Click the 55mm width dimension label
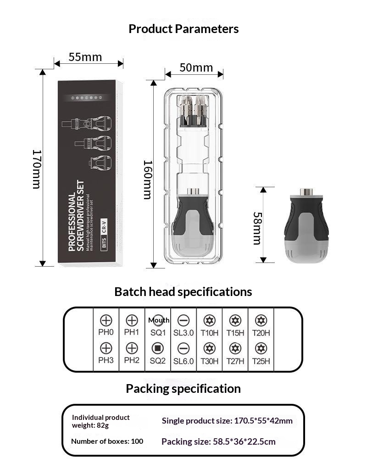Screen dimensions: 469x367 coord(85,57)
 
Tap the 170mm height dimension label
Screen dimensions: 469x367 coord(37,168)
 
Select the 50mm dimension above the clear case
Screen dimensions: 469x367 coord(196,67)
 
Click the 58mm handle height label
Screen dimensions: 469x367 coord(257,228)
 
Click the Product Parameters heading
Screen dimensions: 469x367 coord(183,29)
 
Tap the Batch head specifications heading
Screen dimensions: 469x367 coord(183,292)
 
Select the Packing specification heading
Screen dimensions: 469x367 coord(183,389)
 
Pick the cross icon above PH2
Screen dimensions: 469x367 coord(132,348)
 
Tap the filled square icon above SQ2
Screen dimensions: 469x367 coord(157,348)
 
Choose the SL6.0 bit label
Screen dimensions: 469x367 coord(183,361)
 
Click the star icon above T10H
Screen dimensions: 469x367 coord(209,320)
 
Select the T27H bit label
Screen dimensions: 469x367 coord(235,361)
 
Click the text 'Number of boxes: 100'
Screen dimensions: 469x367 coord(107,441)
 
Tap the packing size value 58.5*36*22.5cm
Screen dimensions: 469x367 coord(218,441)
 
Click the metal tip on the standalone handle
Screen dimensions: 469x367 coord(306,192)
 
